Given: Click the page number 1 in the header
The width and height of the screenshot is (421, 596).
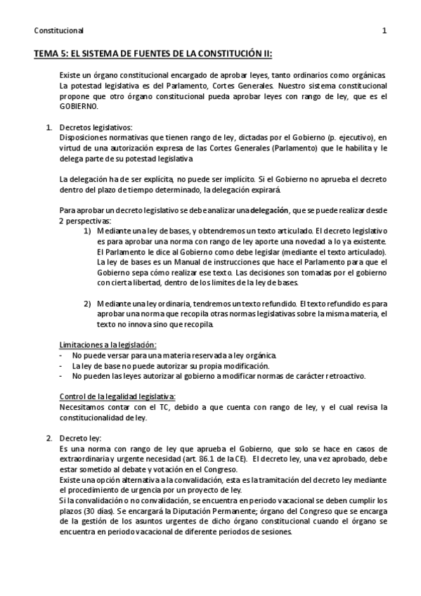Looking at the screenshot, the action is [x=384, y=31].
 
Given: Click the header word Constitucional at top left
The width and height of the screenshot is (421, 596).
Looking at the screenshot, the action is [x=58, y=31].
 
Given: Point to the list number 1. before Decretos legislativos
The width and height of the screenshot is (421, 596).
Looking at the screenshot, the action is [x=49, y=127].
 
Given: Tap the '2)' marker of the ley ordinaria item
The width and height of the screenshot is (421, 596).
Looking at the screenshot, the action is [x=88, y=303].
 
